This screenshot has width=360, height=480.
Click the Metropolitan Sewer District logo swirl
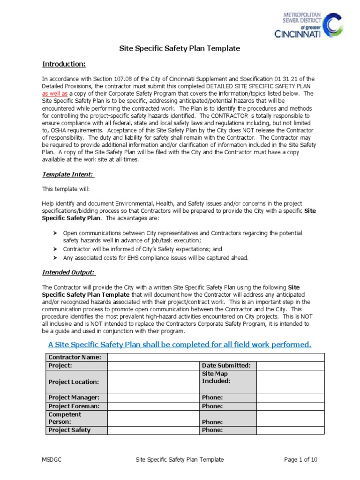pyautogui.click(x=333, y=24)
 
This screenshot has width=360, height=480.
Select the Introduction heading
pyautogui.click(x=64, y=64)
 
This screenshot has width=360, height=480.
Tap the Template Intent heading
pyautogui.click(x=68, y=174)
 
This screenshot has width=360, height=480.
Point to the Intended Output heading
pyautogui.click(x=68, y=272)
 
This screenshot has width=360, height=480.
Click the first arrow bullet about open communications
pyautogui.click(x=54, y=233)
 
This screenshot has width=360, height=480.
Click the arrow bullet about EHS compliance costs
pyautogui.click(x=54, y=258)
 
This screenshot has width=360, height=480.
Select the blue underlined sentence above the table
pyautogui.click(x=180, y=345)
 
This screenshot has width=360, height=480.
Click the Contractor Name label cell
pyautogui.click(x=77, y=357)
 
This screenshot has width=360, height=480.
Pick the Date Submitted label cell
pyautogui.click(x=227, y=366)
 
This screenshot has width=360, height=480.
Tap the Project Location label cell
pyautogui.click(x=77, y=382)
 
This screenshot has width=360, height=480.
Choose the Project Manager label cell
pyautogui.click(x=77, y=397)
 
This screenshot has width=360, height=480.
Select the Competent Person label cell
pyautogui.click(x=77, y=418)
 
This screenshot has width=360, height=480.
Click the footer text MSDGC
pyautogui.click(x=51, y=460)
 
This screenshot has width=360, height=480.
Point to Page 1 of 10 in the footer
pyautogui.click(x=300, y=460)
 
